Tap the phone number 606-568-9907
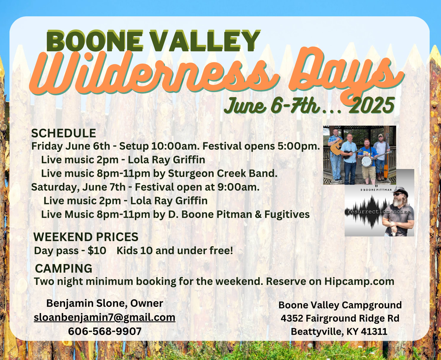tap(105, 331)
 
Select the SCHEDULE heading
tap(64, 133)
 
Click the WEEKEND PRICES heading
tap(86, 237)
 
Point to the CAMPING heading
tap(64, 268)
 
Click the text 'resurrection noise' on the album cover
tap(379, 212)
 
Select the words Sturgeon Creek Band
tap(223, 173)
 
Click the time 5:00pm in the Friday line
tap(299, 146)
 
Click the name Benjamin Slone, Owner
tap(105, 304)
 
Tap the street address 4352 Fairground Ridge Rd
tap(340, 318)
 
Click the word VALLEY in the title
tap(205, 41)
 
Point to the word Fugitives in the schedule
tap(287, 214)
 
